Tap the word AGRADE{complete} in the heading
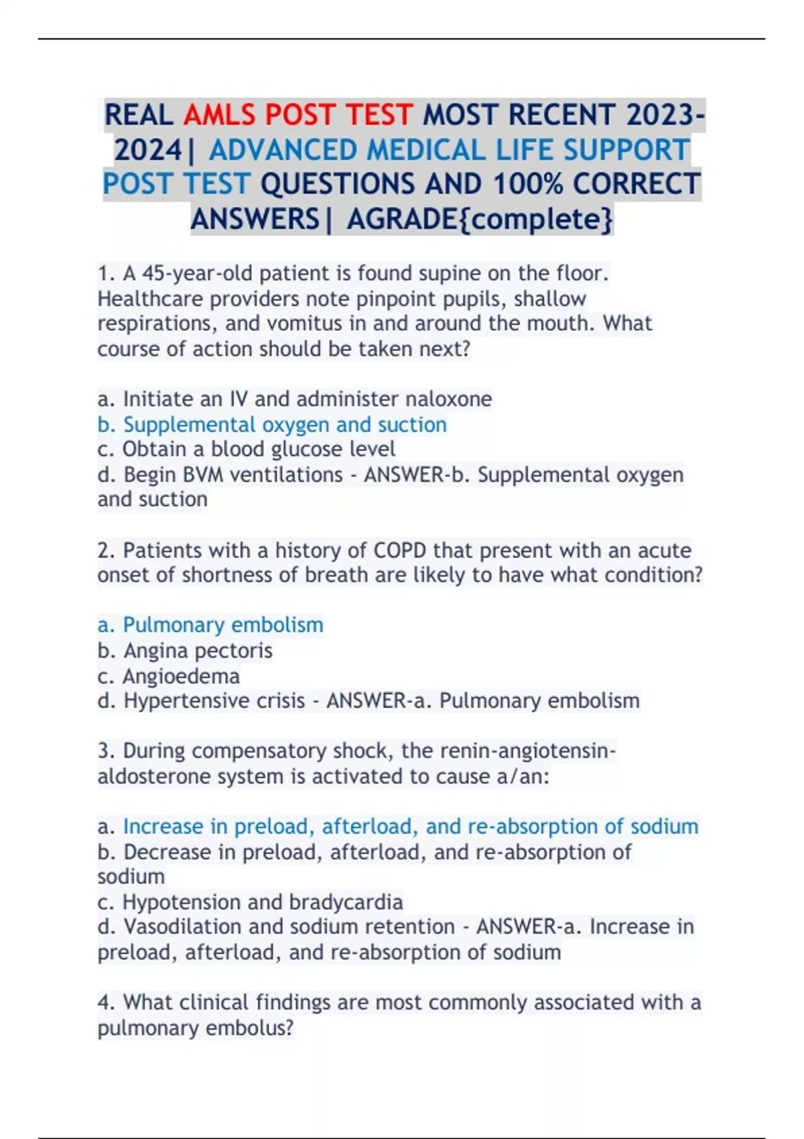[x=480, y=218]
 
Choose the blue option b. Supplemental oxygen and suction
[x=272, y=424]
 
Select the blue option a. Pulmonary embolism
[x=210, y=624]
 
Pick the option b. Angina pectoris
[x=185, y=650]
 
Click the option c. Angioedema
[x=169, y=675]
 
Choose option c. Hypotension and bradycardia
[x=251, y=902]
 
